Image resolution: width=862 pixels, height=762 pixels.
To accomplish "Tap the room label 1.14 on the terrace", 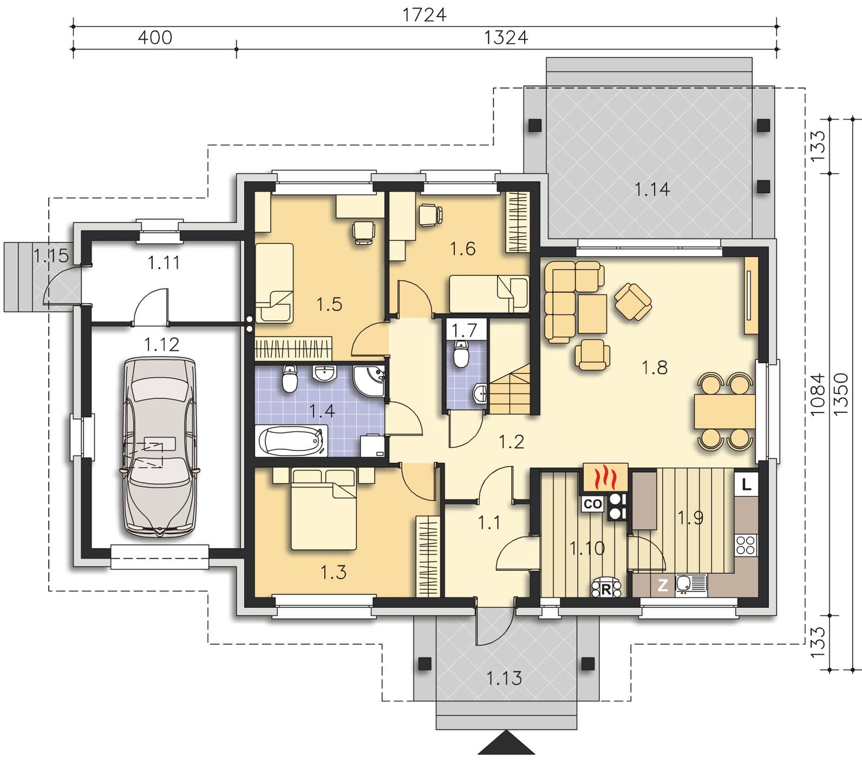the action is click(x=652, y=189).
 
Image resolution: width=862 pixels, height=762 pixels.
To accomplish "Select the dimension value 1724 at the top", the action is click(x=425, y=15).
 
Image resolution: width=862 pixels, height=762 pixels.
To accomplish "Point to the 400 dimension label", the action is click(x=155, y=37).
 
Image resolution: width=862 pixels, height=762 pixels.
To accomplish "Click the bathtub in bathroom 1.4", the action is click(x=291, y=441).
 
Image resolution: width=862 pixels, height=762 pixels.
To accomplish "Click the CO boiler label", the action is click(x=593, y=504).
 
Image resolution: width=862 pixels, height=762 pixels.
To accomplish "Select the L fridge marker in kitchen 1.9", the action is click(x=747, y=484).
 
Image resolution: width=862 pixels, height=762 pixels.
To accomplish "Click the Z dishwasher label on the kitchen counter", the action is click(x=662, y=585).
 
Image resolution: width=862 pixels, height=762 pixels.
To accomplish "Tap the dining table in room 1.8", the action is click(x=724, y=411).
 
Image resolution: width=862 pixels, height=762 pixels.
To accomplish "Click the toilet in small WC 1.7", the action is click(x=461, y=355).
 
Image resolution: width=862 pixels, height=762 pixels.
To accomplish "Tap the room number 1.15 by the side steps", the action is click(x=51, y=255).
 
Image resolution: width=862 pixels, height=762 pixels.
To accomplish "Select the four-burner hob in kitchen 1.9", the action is click(x=746, y=544).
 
